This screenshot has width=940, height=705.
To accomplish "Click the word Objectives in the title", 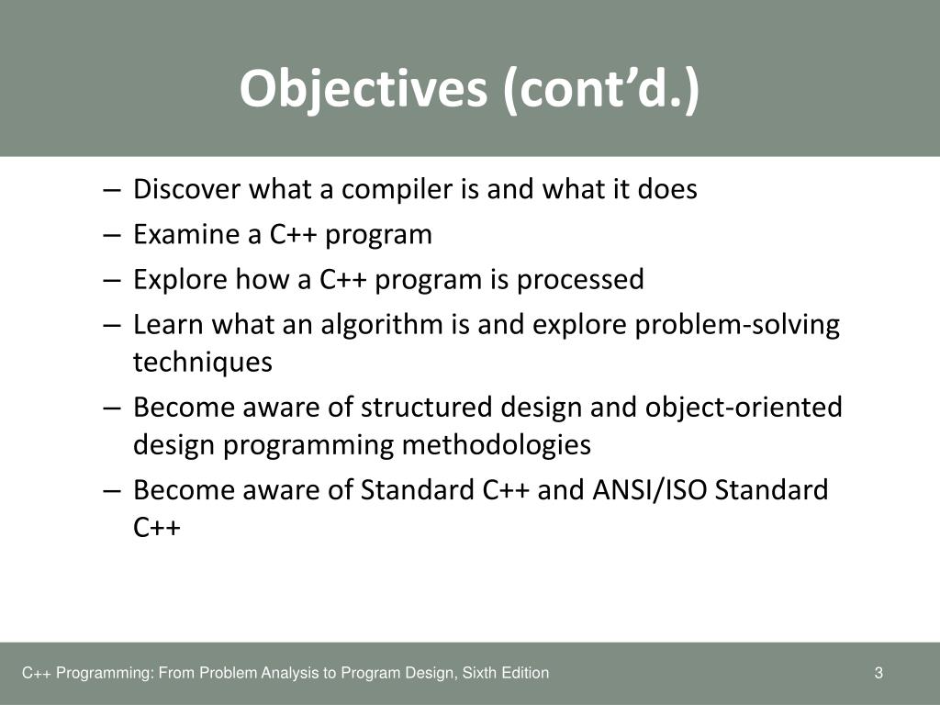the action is tap(364, 89).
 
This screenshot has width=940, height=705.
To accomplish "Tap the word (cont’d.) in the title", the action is tap(601, 89).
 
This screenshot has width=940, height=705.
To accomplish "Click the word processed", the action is tap(580, 280).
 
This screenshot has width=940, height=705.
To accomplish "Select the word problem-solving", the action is tap(737, 326).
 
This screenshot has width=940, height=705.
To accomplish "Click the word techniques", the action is tap(203, 363).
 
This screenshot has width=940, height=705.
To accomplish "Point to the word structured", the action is tap(426, 407).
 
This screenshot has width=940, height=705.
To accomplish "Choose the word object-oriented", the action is tap(744, 408).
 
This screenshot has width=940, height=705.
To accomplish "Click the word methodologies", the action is tap(497, 445).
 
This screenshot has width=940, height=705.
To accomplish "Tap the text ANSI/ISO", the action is tap(649, 490).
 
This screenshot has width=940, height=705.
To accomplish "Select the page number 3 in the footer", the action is tap(878, 673).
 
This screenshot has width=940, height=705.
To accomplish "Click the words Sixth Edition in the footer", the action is tap(510, 673).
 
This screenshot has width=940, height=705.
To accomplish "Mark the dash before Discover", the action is tap(112, 190).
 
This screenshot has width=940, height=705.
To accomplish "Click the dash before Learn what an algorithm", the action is tap(112, 326).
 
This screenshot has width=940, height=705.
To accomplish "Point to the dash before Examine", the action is tap(112, 235).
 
